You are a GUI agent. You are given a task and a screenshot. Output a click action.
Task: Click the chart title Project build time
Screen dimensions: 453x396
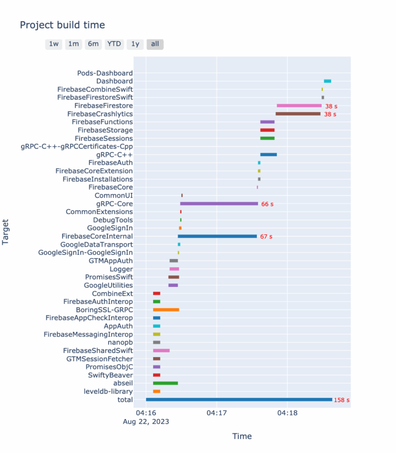(62, 25)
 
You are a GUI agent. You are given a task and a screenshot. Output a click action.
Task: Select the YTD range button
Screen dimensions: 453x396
(114, 44)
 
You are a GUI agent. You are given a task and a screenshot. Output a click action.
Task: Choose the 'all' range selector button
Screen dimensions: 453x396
(155, 44)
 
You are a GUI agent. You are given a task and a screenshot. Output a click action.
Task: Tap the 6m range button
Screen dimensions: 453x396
(93, 44)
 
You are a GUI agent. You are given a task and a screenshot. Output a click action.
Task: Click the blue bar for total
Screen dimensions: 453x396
(239, 399)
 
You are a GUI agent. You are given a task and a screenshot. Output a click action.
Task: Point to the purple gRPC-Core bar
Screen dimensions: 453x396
(219, 204)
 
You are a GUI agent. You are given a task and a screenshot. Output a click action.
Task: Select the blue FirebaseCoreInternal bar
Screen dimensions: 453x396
(217, 236)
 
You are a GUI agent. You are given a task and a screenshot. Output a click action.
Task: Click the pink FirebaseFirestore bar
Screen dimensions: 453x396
(299, 106)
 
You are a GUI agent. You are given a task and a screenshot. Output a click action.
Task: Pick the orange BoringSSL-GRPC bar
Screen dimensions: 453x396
(166, 310)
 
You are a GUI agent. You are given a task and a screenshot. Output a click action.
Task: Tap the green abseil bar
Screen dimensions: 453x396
(166, 383)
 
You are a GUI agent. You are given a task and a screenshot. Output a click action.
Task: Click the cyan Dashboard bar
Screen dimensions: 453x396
(327, 81)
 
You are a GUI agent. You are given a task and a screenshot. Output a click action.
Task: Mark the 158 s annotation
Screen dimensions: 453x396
(341, 400)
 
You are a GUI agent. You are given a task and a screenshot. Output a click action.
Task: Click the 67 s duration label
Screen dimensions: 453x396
(266, 236)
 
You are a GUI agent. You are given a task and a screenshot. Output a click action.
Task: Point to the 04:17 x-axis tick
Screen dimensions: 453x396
(217, 413)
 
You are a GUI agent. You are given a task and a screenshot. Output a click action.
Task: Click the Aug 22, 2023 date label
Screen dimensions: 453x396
(146, 422)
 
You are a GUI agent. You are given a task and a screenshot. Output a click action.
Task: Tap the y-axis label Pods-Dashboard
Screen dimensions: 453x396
(105, 73)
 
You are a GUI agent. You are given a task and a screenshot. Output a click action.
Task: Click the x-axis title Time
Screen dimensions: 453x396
(242, 436)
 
